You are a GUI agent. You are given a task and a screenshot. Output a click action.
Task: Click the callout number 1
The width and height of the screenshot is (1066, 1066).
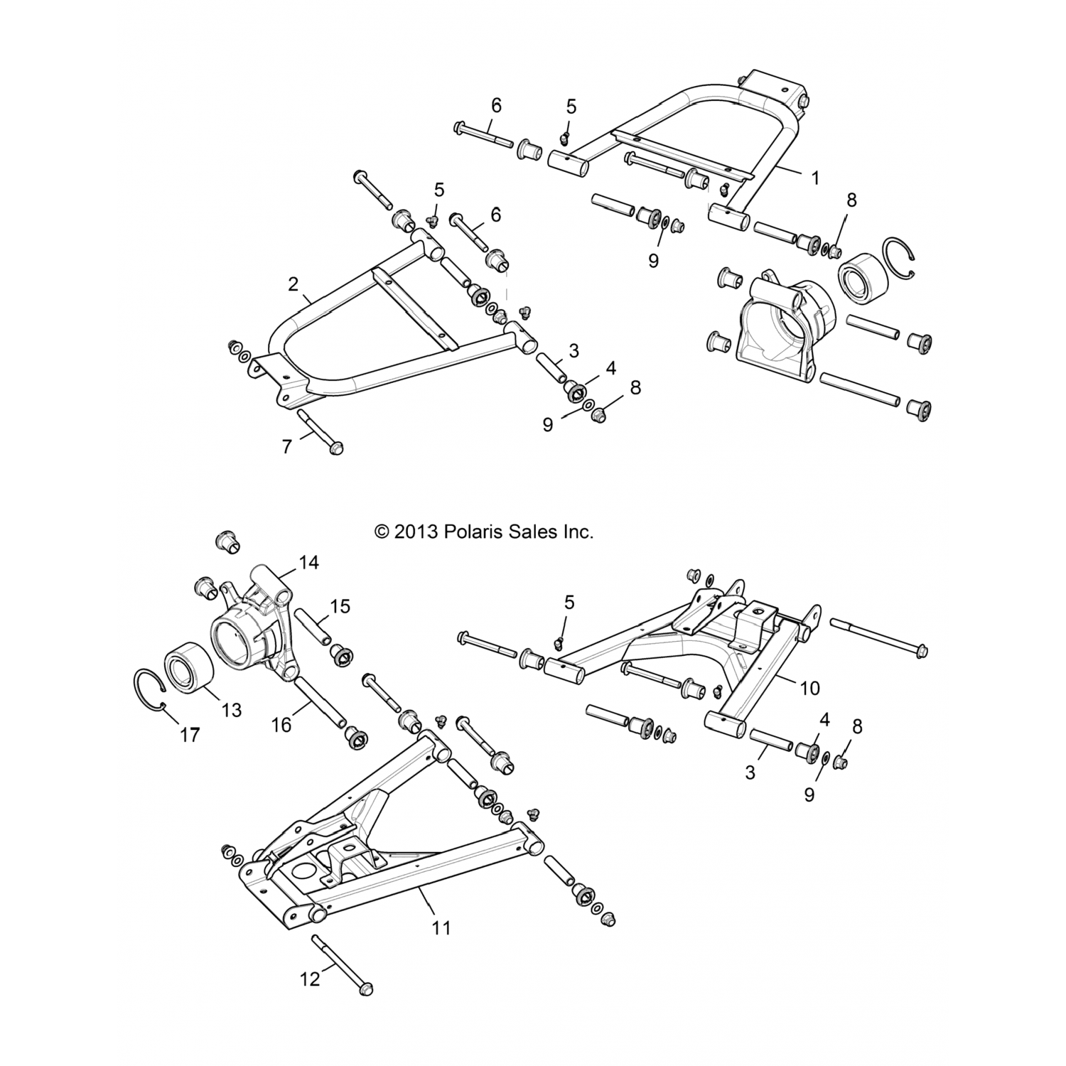pyautogui.click(x=815, y=178)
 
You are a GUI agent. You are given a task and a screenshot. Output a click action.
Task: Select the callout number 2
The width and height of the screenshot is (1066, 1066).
pyautogui.click(x=293, y=284)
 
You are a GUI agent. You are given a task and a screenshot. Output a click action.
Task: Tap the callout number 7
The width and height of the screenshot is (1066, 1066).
pyautogui.click(x=287, y=447)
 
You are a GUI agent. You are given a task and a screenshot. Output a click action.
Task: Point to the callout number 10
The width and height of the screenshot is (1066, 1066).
pyautogui.click(x=809, y=687)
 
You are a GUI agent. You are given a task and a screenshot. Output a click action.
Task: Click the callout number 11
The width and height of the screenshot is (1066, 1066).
pyautogui.click(x=441, y=927)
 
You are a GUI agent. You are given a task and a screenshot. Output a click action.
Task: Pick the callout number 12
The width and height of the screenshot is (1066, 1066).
pyautogui.click(x=310, y=979)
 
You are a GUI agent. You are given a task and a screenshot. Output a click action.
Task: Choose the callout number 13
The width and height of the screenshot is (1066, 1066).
pyautogui.click(x=232, y=709)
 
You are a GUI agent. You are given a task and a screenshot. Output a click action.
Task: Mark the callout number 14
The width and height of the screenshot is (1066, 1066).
pyautogui.click(x=309, y=563)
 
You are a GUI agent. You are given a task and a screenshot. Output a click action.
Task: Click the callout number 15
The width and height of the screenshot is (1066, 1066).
pyautogui.click(x=340, y=606)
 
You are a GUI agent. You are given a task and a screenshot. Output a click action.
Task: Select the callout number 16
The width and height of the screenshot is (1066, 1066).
pyautogui.click(x=281, y=724)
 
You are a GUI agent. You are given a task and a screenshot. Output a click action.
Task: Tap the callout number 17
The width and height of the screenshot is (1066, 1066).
pyautogui.click(x=190, y=736)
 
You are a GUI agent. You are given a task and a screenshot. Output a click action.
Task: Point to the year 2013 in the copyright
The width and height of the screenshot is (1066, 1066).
pyautogui.click(x=415, y=532)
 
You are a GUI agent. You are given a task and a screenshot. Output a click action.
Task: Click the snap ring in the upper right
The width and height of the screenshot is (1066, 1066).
pyautogui.click(x=902, y=256)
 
